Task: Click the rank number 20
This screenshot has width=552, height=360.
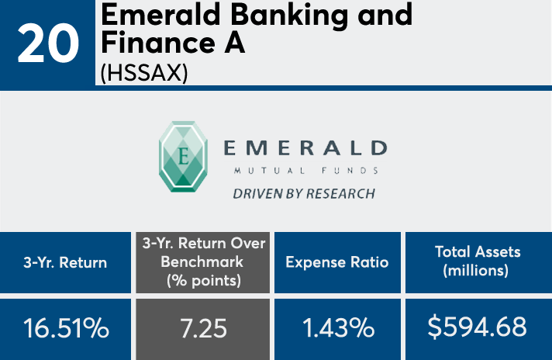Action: pos(47,43)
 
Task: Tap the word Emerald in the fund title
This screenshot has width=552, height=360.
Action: pos(160,15)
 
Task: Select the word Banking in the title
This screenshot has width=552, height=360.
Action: pos(289,16)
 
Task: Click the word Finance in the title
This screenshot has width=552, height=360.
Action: pos(158,43)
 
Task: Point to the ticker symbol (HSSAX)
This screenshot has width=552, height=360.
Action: pos(144,73)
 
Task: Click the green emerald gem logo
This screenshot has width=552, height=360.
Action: pos(183,157)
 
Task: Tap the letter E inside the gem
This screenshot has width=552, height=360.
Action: pos(183,157)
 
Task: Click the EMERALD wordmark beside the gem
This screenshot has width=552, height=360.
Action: pos(305,148)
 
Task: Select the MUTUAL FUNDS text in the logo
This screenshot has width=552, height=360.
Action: pos(306,171)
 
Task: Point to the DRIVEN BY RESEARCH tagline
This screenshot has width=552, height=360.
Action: pos(304,194)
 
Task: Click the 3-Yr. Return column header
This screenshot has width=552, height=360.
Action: pos(65,262)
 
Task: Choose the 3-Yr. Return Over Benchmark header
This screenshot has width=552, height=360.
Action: pos(203,262)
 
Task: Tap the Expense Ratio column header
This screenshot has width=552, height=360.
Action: pos(337,262)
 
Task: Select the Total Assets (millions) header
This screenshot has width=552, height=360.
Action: pos(478,261)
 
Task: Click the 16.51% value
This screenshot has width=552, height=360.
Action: pos(66,328)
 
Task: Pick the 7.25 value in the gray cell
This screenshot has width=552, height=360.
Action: pos(203,328)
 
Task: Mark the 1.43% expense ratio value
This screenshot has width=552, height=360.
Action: pos(338,327)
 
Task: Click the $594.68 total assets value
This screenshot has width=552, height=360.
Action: pos(477,327)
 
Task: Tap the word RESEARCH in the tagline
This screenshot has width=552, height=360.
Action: pos(340,194)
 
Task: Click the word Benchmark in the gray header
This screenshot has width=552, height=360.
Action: pos(202,261)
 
